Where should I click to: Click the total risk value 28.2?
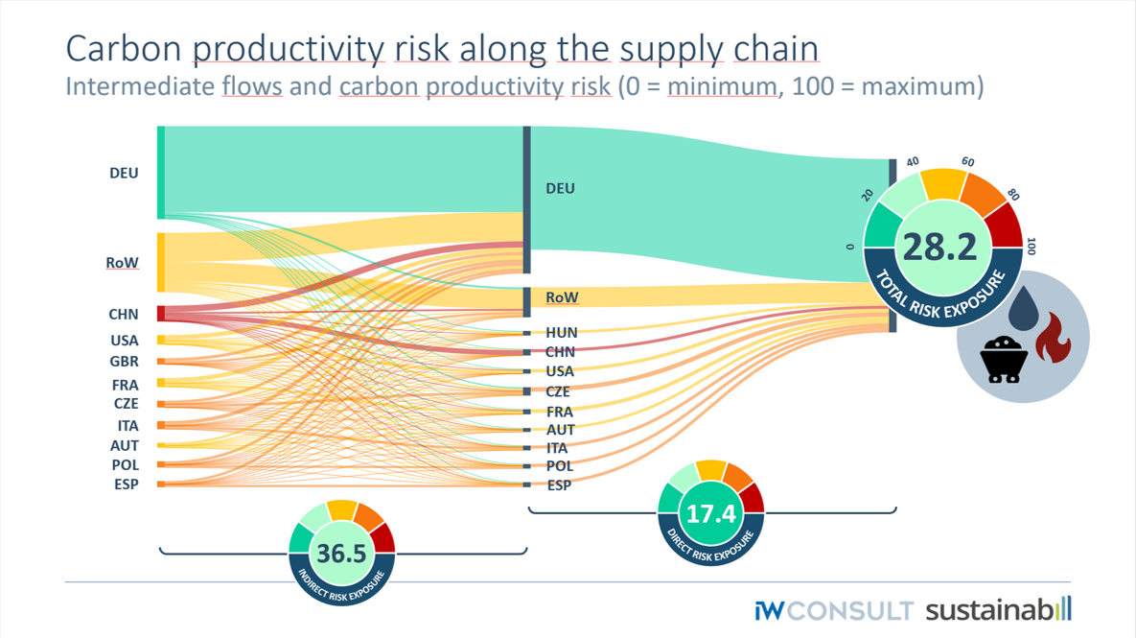[x=939, y=247]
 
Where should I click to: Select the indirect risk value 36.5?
[x=341, y=554]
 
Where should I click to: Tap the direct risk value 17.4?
[x=711, y=513]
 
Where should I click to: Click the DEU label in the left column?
[x=124, y=174]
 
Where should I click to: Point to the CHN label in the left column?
[x=124, y=314]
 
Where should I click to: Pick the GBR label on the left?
[x=124, y=362]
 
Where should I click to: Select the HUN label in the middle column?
[x=561, y=333]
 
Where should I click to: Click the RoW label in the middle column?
[x=562, y=297]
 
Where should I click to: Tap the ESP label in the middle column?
[x=559, y=485]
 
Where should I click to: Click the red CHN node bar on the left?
[x=161, y=314]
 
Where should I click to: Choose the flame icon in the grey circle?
[x=1053, y=338]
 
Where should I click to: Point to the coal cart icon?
[x=1004, y=361]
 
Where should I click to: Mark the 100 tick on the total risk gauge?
[x=1032, y=246]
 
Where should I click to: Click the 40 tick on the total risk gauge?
[x=913, y=162]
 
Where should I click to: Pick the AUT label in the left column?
[x=124, y=445]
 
